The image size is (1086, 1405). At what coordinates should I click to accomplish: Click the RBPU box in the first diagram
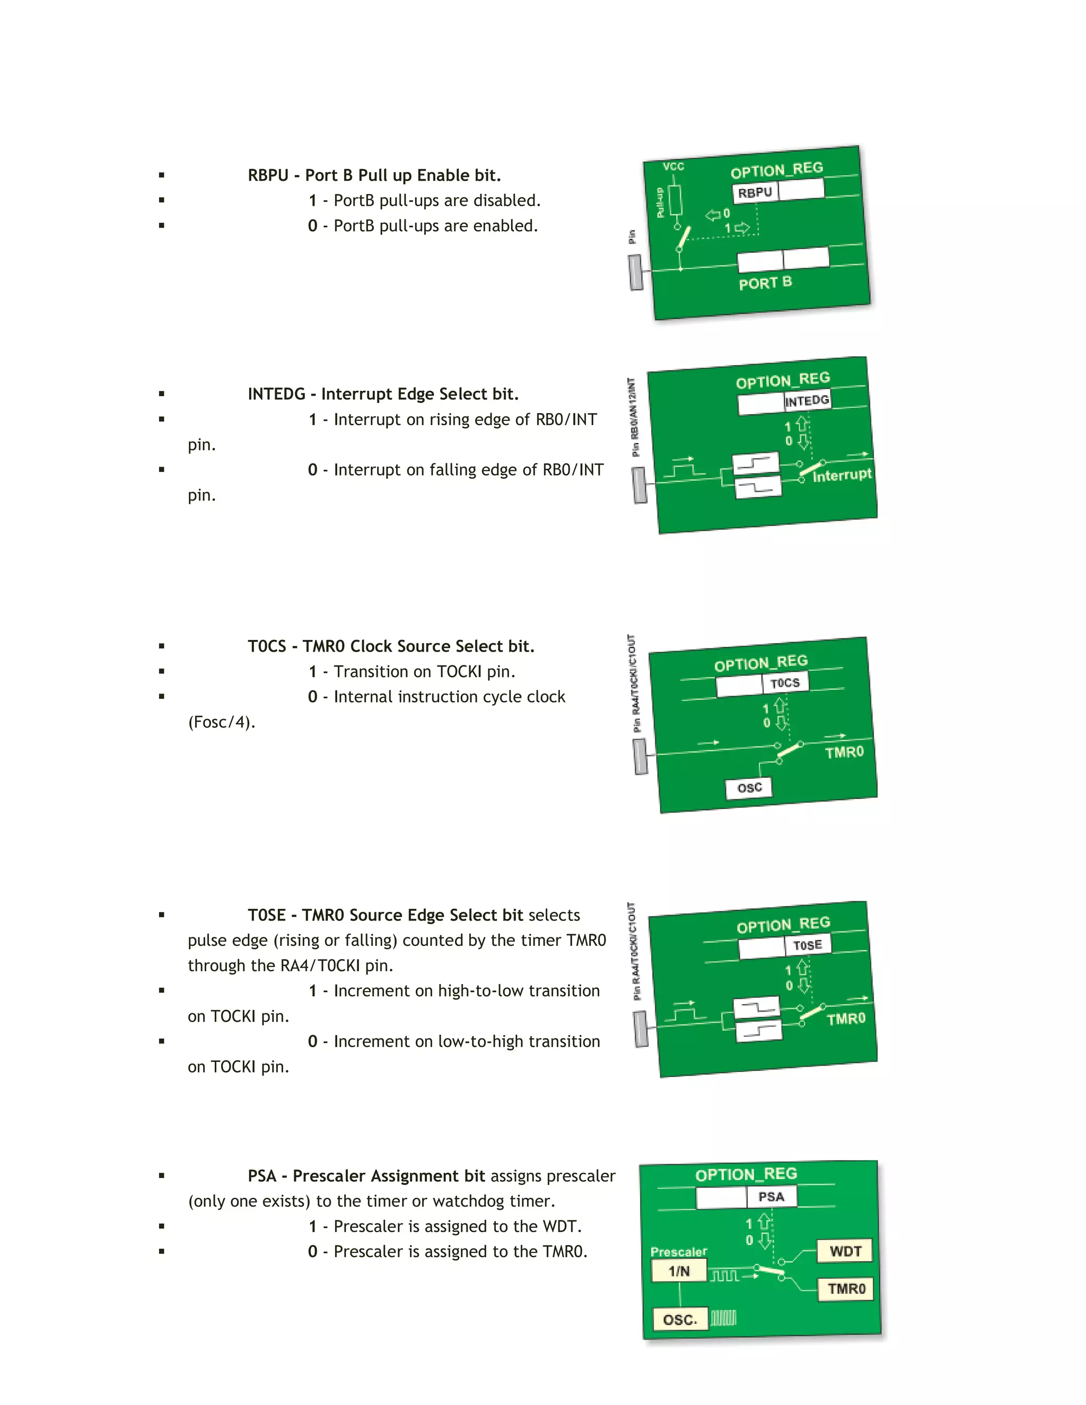[x=755, y=192]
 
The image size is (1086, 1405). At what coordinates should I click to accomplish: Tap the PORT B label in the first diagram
[x=765, y=283]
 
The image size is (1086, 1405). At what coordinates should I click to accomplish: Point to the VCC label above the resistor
[x=673, y=166]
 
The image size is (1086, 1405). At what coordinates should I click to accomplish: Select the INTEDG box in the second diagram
[x=807, y=401]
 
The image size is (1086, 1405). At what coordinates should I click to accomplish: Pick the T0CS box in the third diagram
[x=785, y=682]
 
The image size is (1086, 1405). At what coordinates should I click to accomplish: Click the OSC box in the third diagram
[x=749, y=788]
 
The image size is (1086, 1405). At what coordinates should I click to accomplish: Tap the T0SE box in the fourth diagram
[x=808, y=945]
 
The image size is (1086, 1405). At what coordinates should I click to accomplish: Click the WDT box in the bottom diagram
[x=845, y=1251]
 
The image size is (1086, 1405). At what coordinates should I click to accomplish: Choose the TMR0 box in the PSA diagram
[x=846, y=1288]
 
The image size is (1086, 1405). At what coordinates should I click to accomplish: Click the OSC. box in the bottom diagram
[x=680, y=1320]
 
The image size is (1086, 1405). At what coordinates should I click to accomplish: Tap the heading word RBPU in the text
[x=268, y=175]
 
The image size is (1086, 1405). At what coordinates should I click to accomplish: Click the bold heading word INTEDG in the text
[x=276, y=394]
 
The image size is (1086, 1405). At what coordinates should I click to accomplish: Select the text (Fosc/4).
[x=221, y=722]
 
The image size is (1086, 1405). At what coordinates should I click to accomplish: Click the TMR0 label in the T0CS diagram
[x=844, y=752]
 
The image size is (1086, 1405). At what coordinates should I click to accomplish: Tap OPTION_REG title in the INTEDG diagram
[x=782, y=380]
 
